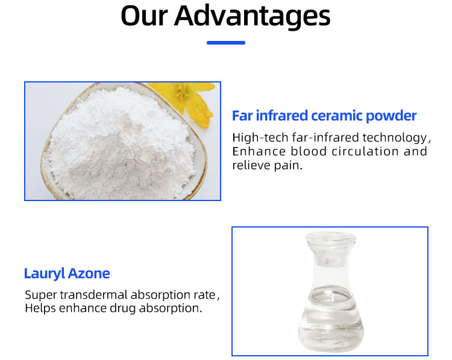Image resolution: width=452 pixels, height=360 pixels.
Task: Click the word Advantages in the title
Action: click(x=253, y=16)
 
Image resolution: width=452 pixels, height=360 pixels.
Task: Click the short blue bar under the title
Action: click(x=226, y=43)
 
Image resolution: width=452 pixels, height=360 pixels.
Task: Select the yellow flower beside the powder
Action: click(x=186, y=99)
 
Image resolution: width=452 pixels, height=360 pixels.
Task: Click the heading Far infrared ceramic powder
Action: click(x=324, y=116)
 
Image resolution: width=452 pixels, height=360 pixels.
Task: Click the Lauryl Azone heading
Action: click(x=67, y=273)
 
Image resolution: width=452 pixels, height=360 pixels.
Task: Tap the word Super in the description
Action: click(x=40, y=295)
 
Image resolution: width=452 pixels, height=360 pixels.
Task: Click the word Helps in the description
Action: click(x=40, y=308)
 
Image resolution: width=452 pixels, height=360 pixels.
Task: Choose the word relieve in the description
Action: click(x=251, y=165)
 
